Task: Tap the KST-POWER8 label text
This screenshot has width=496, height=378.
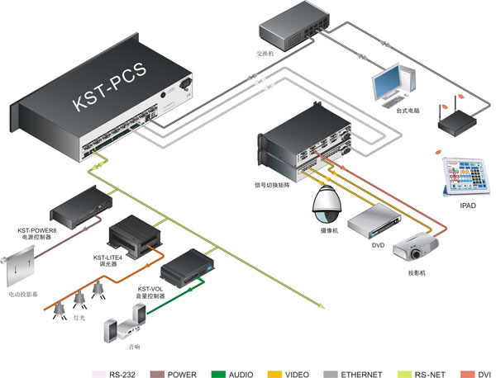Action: pos(37,230)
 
